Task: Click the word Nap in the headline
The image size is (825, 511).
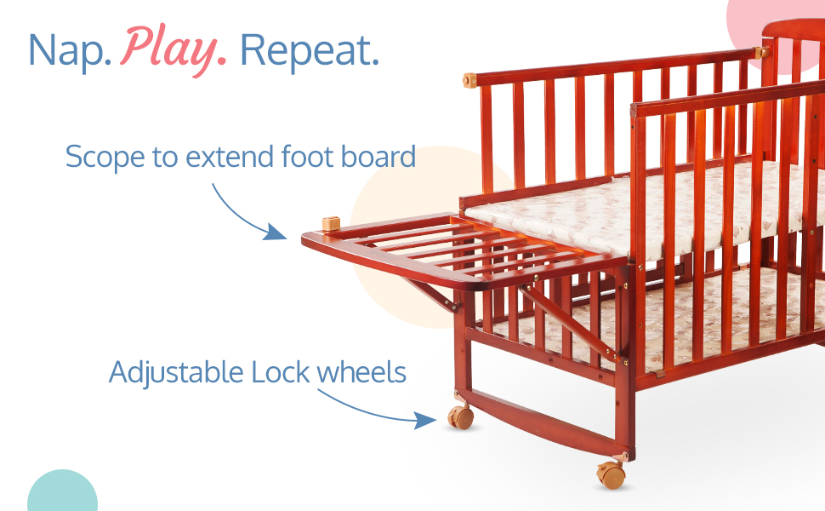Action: (x=70, y=50)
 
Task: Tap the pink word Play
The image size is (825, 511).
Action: (x=174, y=50)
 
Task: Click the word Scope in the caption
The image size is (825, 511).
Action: (x=105, y=157)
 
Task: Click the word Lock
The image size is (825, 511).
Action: (x=281, y=372)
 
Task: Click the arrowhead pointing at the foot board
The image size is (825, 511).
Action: (x=275, y=232)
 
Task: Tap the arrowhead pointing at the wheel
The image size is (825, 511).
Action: (x=424, y=421)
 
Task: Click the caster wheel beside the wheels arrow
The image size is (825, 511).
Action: (x=461, y=416)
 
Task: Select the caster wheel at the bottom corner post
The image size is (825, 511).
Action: (x=611, y=474)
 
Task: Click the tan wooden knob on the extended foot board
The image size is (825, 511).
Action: (x=331, y=223)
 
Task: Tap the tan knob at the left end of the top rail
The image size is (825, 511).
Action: (x=469, y=81)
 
